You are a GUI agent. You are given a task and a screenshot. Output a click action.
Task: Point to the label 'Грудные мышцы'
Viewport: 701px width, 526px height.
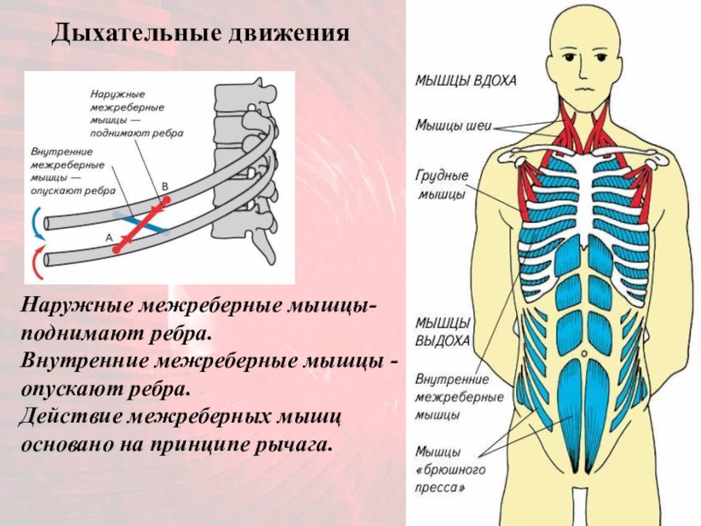click(442, 185)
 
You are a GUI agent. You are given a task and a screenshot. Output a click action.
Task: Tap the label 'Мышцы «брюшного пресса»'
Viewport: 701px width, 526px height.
click(450, 468)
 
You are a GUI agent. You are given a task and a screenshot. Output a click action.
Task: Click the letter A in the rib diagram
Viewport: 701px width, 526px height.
click(109, 237)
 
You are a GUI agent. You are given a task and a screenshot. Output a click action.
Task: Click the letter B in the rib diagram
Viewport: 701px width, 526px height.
click(166, 187)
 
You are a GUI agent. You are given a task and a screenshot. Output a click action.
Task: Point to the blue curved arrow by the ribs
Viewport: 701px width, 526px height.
click(35, 224)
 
